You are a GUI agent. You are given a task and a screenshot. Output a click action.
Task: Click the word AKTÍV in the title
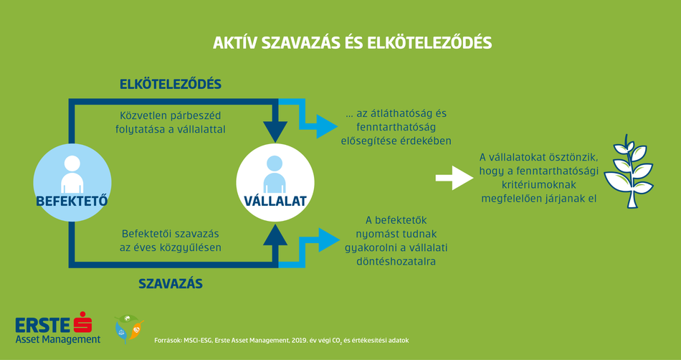pyautogui.click(x=235, y=44)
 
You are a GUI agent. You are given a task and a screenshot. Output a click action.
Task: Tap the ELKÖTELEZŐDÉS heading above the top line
pyautogui.click(x=171, y=84)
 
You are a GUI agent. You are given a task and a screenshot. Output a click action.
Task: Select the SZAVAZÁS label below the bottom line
pyautogui.click(x=171, y=283)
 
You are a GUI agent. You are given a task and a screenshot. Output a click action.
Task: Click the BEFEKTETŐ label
pyautogui.click(x=72, y=201)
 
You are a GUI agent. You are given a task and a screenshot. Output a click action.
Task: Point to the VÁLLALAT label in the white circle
pyautogui.click(x=275, y=201)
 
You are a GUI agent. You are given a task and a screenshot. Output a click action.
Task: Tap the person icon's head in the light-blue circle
pyautogui.click(x=72, y=164)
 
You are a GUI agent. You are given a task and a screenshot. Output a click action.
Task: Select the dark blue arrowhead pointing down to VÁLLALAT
pyautogui.click(x=275, y=131)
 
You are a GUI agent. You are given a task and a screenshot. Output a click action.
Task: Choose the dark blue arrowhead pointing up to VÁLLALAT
pyautogui.click(x=275, y=235)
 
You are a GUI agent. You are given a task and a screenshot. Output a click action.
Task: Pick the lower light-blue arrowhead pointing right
pyautogui.click(x=329, y=240)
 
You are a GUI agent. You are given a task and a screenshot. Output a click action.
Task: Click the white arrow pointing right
pyautogui.click(x=454, y=178)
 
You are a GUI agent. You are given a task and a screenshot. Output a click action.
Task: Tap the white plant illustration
pyautogui.click(x=628, y=171)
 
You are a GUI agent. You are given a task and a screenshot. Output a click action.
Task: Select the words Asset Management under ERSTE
pyautogui.click(x=58, y=339)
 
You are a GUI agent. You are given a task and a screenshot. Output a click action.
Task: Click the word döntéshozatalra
pyautogui.click(x=396, y=262)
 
